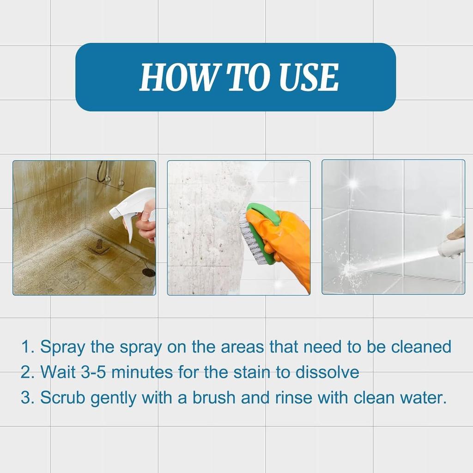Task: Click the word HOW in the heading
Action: click(x=177, y=77)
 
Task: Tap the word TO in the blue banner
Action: click(x=245, y=77)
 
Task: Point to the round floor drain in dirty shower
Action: click(x=149, y=273)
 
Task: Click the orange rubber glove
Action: click(x=287, y=245)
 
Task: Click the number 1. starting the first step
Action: click(x=28, y=346)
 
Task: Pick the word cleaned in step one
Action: click(x=421, y=346)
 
